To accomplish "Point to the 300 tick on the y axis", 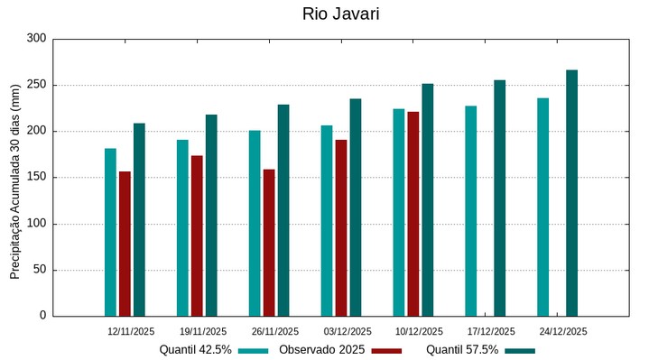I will pos(36,39).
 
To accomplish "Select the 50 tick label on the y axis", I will pos(39,270).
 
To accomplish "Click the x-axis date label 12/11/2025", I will pos(131,331).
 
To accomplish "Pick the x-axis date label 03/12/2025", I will pos(348,331).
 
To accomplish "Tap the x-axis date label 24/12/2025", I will pos(563,331).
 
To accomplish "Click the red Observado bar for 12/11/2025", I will pos(125,244).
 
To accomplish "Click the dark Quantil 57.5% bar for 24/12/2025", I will pos(571,193).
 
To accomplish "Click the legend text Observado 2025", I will pos(321,350).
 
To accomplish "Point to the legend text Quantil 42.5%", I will pos(196,350).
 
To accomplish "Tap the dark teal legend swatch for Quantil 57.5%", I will pos(520,350).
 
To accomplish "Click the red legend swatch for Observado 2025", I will pos(386,350).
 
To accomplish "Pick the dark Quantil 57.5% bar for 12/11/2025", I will pos(139,219).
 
